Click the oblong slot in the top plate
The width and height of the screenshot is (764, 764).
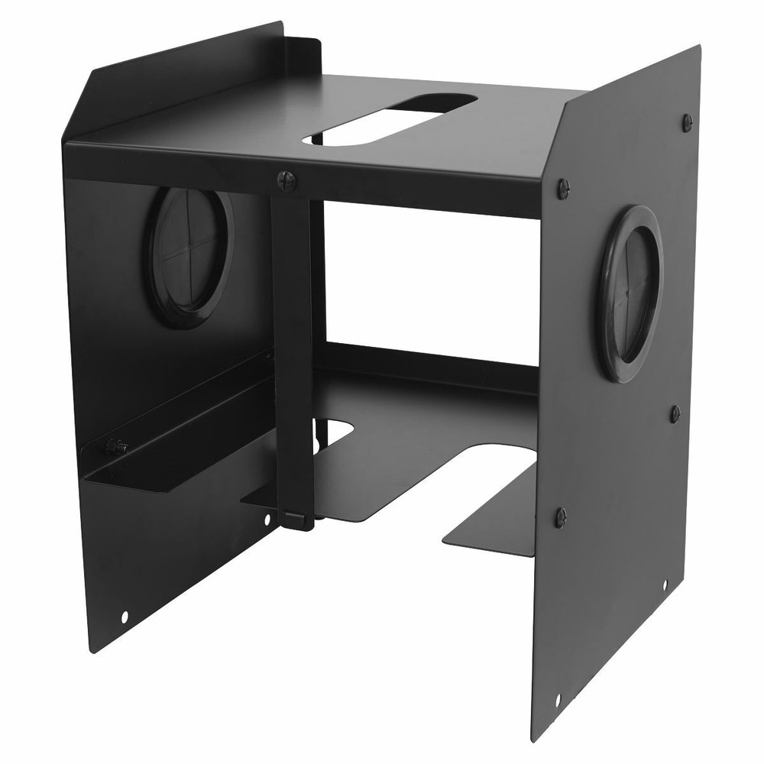pyautogui.click(x=391, y=120)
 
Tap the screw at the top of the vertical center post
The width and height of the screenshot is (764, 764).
pyautogui.click(x=286, y=180)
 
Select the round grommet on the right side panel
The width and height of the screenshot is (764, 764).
pyautogui.click(x=630, y=294)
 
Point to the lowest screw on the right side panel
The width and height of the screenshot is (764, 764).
pyautogui.click(x=561, y=517)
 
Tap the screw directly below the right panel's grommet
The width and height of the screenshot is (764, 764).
pyautogui.click(x=675, y=413)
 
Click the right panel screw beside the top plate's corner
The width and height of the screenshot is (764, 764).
pyautogui.click(x=563, y=187)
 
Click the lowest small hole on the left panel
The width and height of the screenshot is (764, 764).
pyautogui.click(x=125, y=615)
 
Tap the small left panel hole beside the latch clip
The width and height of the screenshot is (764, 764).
pyautogui.click(x=267, y=520)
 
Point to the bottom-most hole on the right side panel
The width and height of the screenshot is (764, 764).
pyautogui.click(x=558, y=698)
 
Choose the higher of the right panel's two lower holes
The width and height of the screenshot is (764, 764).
pyautogui.click(x=664, y=584)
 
